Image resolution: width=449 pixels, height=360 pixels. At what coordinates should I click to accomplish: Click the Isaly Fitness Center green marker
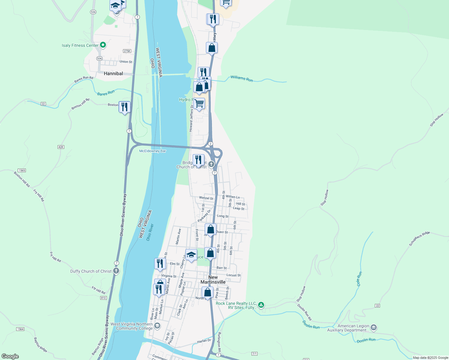coord(103,45)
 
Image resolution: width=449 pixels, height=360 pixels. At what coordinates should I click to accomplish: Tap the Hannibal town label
coord(113,73)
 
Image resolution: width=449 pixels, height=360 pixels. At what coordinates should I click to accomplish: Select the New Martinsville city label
coord(213,280)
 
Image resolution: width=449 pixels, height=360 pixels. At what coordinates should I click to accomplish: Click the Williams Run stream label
coord(242,79)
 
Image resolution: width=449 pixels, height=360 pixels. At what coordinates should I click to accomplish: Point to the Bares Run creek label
coord(106,93)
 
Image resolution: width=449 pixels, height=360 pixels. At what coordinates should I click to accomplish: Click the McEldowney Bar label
coord(152,151)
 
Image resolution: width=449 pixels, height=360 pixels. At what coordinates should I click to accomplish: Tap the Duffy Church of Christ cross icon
coord(116,271)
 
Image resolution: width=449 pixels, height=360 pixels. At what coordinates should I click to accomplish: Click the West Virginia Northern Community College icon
coord(157,326)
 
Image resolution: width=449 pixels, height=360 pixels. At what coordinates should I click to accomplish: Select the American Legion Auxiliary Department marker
coord(374,328)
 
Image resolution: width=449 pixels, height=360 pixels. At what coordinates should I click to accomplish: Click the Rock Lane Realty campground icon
coord(261,305)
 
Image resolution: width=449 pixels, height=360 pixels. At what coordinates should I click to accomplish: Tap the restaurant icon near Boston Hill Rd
coord(124,107)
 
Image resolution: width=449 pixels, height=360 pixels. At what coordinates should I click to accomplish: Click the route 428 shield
coord(61,147)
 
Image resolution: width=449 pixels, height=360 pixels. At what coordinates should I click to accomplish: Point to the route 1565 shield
coord(22,170)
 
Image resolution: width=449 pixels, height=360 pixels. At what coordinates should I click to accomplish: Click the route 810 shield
coord(103,298)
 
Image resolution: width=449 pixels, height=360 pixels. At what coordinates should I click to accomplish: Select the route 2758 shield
coord(127,51)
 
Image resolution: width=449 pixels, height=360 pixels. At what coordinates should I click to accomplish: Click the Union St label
coord(126,62)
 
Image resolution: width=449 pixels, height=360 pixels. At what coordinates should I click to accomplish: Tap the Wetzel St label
coord(206,198)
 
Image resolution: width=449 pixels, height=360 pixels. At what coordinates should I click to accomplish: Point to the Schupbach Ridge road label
coord(419,239)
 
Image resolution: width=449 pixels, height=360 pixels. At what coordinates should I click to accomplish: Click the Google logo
coord(10,356)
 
